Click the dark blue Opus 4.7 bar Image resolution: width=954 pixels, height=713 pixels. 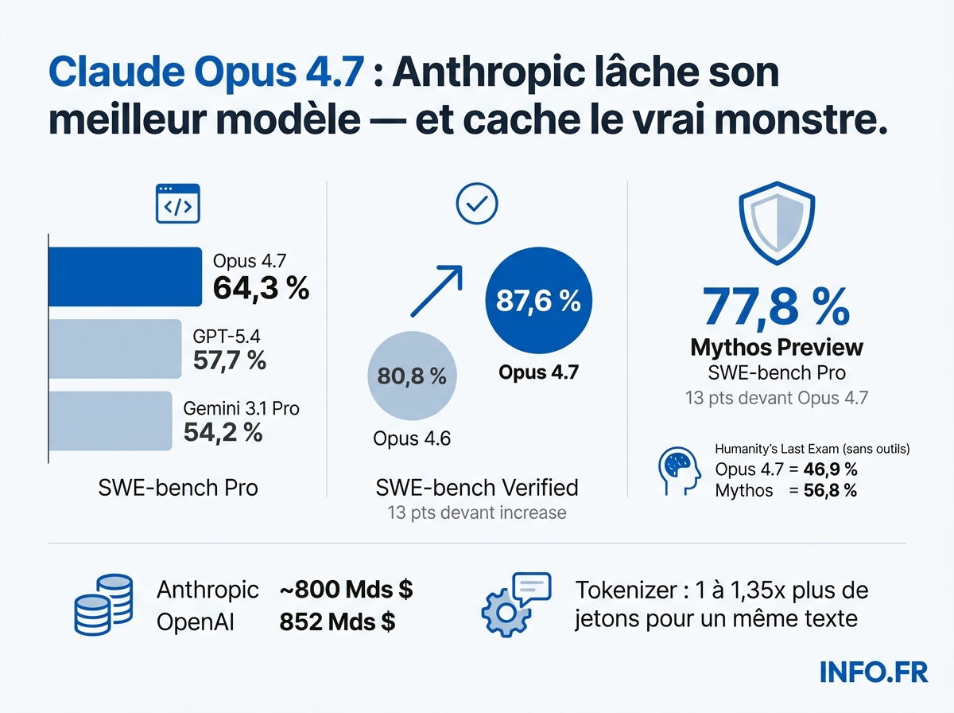125,276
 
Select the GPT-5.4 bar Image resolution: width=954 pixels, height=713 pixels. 114,349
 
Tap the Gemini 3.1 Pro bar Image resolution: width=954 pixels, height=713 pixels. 110,421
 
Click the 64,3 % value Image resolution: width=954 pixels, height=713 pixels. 261,289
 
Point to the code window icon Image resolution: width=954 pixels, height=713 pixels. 176,204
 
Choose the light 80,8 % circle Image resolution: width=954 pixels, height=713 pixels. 412,376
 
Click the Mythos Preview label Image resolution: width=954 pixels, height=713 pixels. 776,348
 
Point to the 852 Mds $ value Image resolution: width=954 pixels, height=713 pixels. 337,621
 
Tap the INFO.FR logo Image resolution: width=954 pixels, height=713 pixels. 874,672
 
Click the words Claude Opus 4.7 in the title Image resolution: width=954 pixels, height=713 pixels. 207,73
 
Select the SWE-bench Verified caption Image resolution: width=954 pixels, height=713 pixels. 476,487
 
